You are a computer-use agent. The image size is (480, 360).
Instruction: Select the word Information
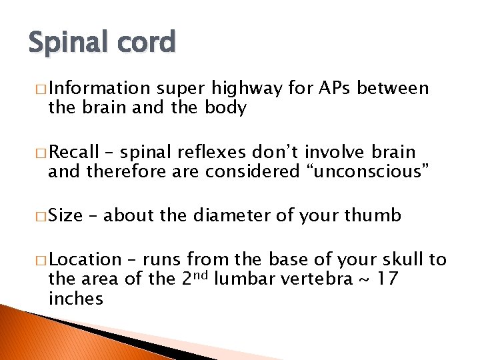(100, 89)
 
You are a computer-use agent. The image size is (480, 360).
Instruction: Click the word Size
(65, 215)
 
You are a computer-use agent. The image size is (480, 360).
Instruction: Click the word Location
(85, 259)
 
